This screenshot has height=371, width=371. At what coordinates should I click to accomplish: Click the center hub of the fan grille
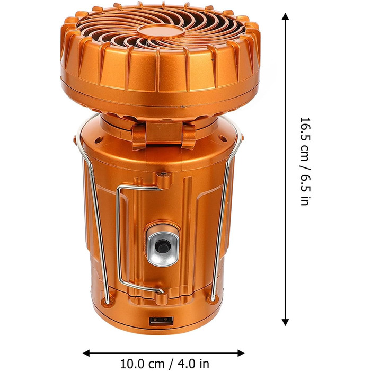(x=161, y=31)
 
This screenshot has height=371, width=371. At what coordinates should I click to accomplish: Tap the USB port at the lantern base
(x=161, y=321)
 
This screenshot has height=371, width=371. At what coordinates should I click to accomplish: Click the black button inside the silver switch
(x=162, y=245)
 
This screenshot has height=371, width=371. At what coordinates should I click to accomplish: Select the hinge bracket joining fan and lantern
(x=164, y=135)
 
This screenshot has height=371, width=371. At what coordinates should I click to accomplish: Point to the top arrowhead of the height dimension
(x=285, y=16)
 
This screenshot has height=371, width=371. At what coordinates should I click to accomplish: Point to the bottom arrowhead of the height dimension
(x=285, y=322)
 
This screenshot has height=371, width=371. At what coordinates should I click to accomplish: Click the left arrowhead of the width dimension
(x=86, y=353)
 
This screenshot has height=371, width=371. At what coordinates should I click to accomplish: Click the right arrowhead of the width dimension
(x=241, y=353)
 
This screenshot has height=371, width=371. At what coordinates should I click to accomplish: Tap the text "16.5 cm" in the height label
(x=305, y=138)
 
